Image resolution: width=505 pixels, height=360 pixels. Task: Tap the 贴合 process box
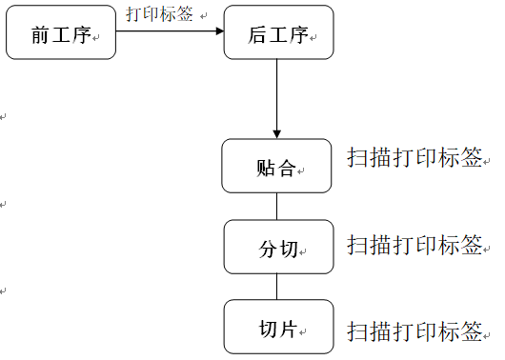[278, 167]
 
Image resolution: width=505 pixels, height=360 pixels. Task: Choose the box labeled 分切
[278, 248]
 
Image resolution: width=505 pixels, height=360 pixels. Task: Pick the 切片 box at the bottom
[278, 327]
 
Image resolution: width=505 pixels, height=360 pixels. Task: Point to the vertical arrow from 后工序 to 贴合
[277, 95]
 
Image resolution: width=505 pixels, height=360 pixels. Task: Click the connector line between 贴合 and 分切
[277, 206]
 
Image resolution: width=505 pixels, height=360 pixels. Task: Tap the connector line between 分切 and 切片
[277, 287]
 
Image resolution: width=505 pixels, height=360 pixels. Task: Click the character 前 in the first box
[40, 35]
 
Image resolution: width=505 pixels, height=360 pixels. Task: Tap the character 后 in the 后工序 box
[257, 35]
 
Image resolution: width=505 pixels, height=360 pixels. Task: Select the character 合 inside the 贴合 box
[288, 169]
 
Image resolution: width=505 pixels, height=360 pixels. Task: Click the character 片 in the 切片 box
[289, 330]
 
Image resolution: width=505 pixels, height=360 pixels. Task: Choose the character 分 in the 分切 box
[268, 250]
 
